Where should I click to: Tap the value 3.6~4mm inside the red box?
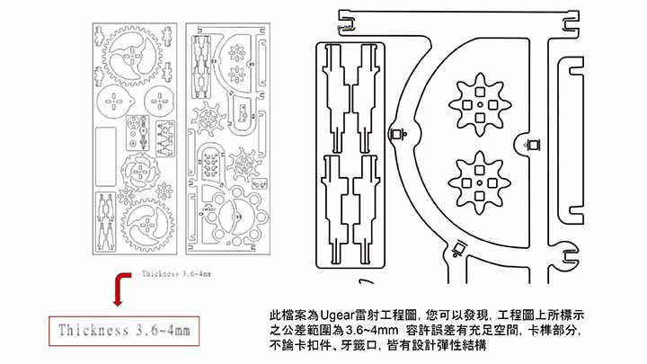(164, 332)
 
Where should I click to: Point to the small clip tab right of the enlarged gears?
(530, 143)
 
